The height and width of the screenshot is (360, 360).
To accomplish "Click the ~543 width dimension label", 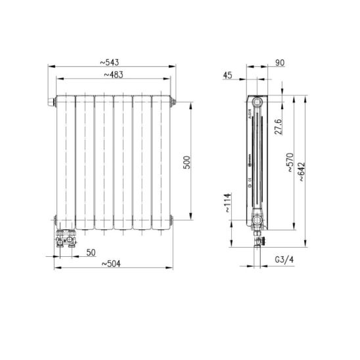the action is point(110,62).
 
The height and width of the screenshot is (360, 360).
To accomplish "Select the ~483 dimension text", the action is point(114,75).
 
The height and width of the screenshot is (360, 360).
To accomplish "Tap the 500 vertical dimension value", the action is point(187,162).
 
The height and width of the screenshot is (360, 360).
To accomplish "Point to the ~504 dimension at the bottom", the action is point(111,264).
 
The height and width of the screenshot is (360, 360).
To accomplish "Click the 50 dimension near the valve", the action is point(91,252).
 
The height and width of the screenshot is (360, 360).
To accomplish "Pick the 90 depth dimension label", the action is point(280,62).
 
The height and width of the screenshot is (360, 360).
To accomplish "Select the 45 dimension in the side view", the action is point(227,75).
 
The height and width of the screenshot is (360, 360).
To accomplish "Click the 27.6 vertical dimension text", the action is point(279,127).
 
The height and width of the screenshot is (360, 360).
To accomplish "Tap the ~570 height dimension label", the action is point(290,162).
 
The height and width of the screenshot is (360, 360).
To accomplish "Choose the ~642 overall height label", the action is point(302,171).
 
